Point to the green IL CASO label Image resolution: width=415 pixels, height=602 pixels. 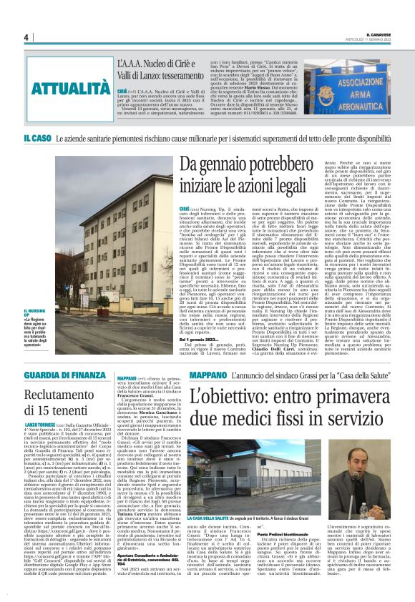(x=36, y=137)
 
